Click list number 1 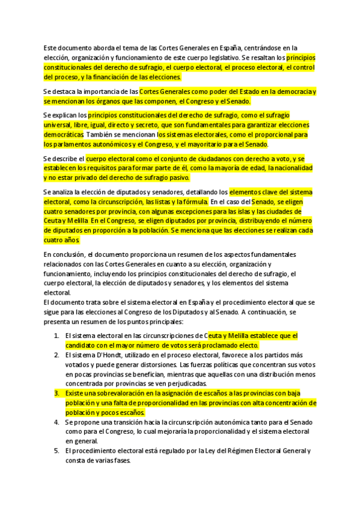[56, 336]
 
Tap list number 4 [56, 422]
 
